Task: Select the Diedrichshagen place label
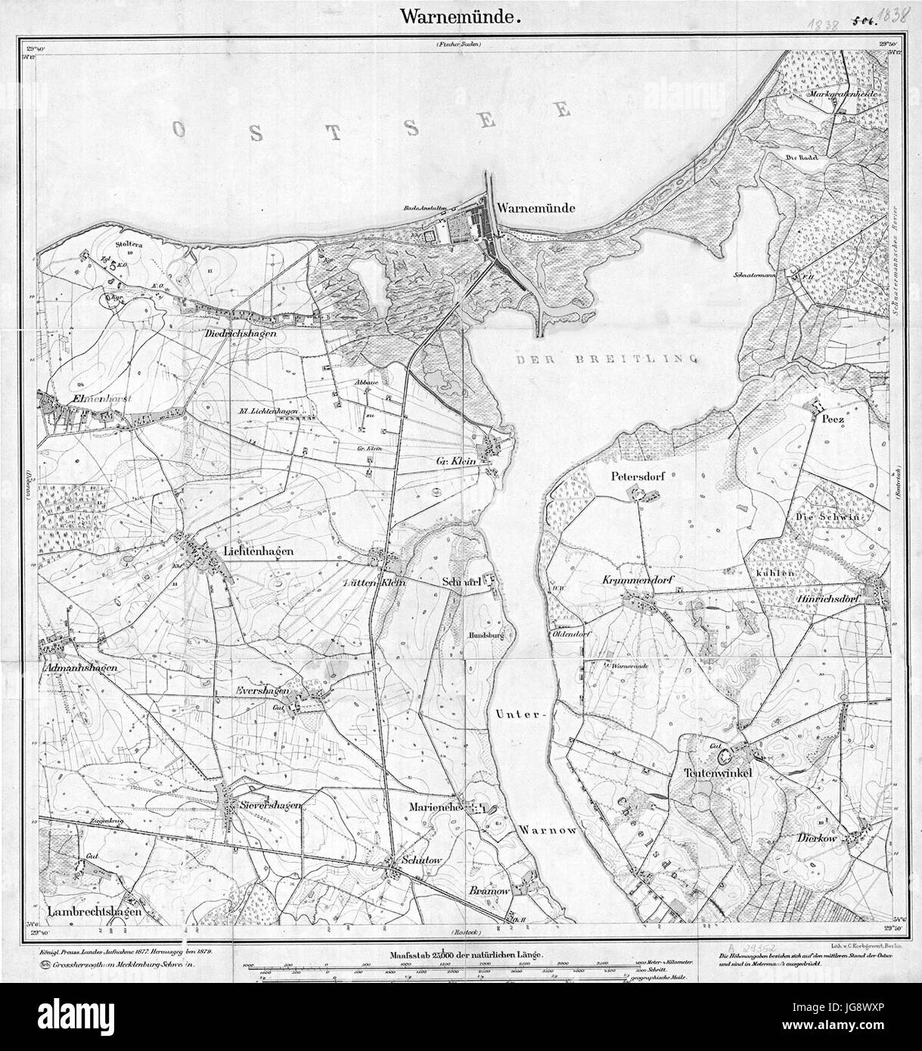click(x=236, y=332)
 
